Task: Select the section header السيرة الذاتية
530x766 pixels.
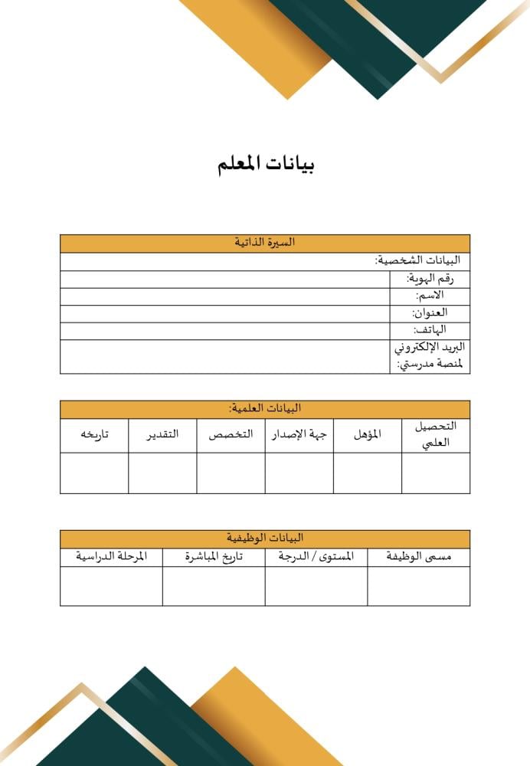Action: pos(265,243)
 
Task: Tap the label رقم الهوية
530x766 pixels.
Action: pos(430,279)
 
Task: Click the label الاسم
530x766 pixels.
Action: pos(430,296)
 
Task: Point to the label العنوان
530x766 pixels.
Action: pos(430,313)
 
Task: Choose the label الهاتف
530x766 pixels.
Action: pos(430,330)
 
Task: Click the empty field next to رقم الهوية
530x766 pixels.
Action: pos(225,279)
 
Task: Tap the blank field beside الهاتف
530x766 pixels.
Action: pos(225,330)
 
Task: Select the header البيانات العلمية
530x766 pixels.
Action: pos(265,408)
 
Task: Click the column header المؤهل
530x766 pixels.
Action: pos(368,435)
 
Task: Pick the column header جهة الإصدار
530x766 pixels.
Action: pos(299,435)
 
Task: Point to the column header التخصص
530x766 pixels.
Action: pos(231,435)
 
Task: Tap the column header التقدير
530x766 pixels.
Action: pos(162,435)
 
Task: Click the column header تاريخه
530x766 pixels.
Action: pos(94,435)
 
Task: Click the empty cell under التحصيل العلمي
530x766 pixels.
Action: pos(436,473)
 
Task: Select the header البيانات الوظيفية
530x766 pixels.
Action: pos(265,538)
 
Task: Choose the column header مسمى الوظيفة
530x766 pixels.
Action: pos(419,558)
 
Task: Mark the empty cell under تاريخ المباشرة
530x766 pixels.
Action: pos(214,586)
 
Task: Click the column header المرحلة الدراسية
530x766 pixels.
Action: pos(111,558)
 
